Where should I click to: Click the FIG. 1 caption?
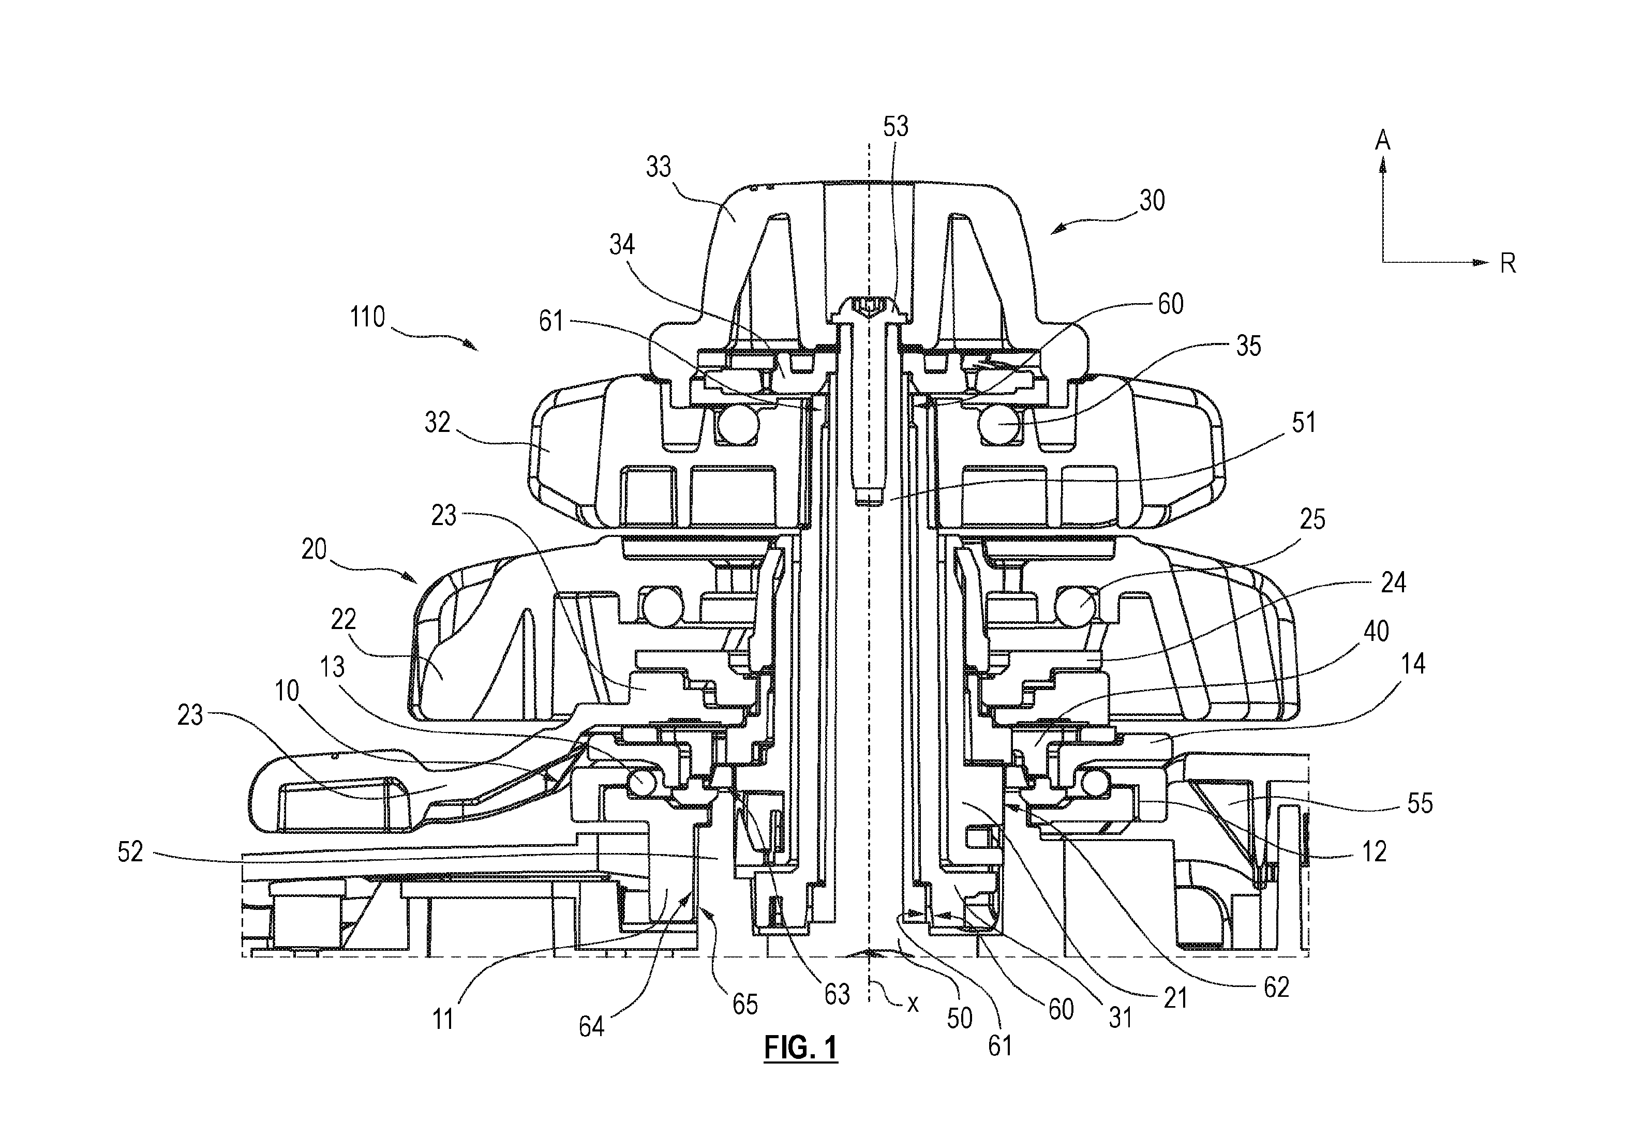pos(800,1046)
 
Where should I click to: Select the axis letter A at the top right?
pos(1383,141)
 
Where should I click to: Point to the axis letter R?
pos(1508,263)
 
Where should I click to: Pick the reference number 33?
pos(659,168)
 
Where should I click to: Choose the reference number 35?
pos(1248,346)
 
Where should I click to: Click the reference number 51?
pos(1304,423)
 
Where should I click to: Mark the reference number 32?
pos(437,423)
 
